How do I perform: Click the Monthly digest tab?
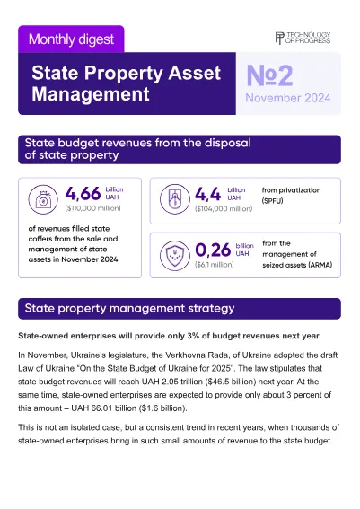pos(71,39)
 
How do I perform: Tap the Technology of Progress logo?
pos(303,38)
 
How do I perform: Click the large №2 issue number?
pos(269,75)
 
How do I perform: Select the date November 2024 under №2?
pos(288,98)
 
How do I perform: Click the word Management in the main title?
pos(91,94)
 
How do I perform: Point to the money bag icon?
pos(43,199)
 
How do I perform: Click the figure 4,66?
pos(83,194)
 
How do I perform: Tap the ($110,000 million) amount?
pos(92,208)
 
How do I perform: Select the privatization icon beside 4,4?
pos(175,199)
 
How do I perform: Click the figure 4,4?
pos(207,194)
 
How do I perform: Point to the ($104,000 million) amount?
pos(224,209)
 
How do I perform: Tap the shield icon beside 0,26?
pos(175,256)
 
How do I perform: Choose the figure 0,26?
pos(213,250)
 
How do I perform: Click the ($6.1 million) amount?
pos(215,265)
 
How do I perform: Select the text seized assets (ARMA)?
pos(297,265)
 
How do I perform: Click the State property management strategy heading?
pos(129,308)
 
